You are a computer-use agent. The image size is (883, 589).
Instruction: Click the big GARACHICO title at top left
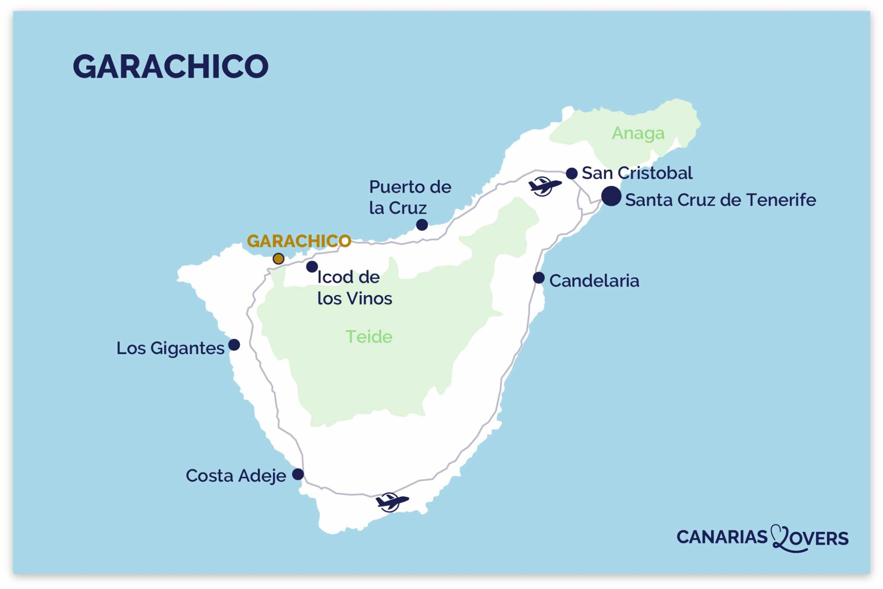point(170,66)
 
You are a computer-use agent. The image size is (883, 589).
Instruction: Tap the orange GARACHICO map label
point(299,241)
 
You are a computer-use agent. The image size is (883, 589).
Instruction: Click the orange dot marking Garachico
point(279,259)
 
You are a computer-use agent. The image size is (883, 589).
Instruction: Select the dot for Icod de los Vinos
point(312,266)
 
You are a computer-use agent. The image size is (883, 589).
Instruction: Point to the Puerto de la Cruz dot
point(422,224)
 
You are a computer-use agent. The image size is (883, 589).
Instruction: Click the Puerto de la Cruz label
point(409,197)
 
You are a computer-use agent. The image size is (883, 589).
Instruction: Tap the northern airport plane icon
point(545,186)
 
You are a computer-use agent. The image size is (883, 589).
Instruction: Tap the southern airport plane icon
point(391,502)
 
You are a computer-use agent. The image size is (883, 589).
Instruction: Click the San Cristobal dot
point(572,173)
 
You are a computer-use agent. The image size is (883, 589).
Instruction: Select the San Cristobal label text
point(637,173)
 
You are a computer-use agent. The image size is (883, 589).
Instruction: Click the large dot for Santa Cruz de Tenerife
point(611,196)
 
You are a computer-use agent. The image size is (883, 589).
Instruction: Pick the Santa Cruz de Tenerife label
point(720,200)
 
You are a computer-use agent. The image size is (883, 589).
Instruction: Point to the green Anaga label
point(638,134)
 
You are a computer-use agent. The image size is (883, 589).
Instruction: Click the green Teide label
point(369,337)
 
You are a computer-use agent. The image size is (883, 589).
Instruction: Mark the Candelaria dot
point(539,278)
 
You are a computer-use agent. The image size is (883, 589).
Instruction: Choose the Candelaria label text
point(594,281)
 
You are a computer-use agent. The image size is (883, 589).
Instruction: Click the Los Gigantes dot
point(234,345)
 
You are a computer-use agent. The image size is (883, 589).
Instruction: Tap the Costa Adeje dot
point(298,474)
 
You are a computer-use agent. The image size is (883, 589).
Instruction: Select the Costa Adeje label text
point(235,476)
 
